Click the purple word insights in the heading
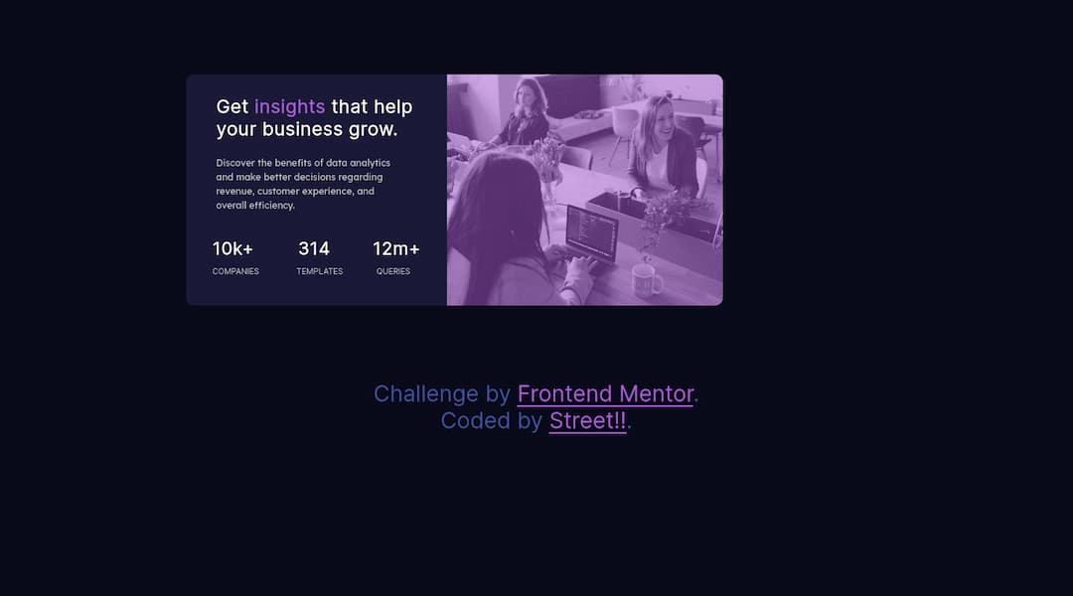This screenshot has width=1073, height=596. pyautogui.click(x=289, y=107)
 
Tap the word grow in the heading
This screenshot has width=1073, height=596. pyautogui.click(x=373, y=130)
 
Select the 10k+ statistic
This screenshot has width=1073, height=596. pyautogui.click(x=232, y=248)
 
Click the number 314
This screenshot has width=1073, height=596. pyautogui.click(x=314, y=248)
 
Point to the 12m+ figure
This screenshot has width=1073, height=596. pyautogui.click(x=395, y=248)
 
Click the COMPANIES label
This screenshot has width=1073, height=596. pyautogui.click(x=235, y=271)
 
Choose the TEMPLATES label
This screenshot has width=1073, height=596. pyautogui.click(x=319, y=271)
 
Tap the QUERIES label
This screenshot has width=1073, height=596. pyautogui.click(x=392, y=271)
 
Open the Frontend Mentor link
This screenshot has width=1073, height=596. pyautogui.click(x=605, y=394)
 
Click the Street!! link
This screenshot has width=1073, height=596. pyautogui.click(x=587, y=421)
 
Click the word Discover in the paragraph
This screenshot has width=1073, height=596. pyautogui.click(x=235, y=163)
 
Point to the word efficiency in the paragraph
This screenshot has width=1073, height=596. pyautogui.click(x=270, y=206)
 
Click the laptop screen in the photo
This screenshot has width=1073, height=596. pyautogui.click(x=592, y=230)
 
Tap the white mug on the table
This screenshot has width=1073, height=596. pyautogui.click(x=647, y=280)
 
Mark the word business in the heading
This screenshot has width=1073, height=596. pyautogui.click(x=302, y=130)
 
